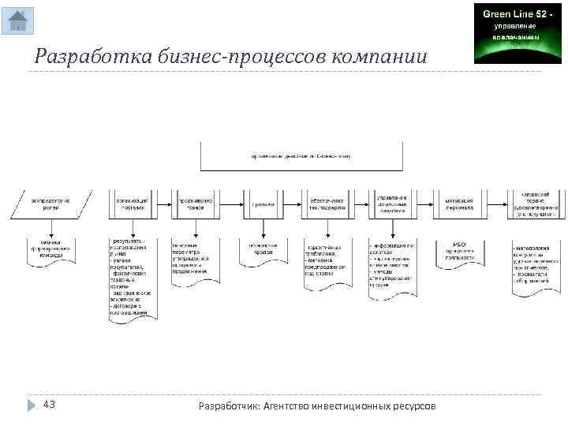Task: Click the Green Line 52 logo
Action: click(506, 33)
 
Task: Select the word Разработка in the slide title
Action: click(79, 57)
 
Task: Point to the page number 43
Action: click(49, 405)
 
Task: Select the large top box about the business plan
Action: click(301, 156)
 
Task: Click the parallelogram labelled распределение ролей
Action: click(50, 204)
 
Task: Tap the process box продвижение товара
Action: click(194, 204)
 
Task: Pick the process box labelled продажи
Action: click(263, 204)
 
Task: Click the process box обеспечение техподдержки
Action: click(327, 204)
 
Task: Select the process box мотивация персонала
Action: click(458, 204)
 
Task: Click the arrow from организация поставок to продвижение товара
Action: click(164, 204)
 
